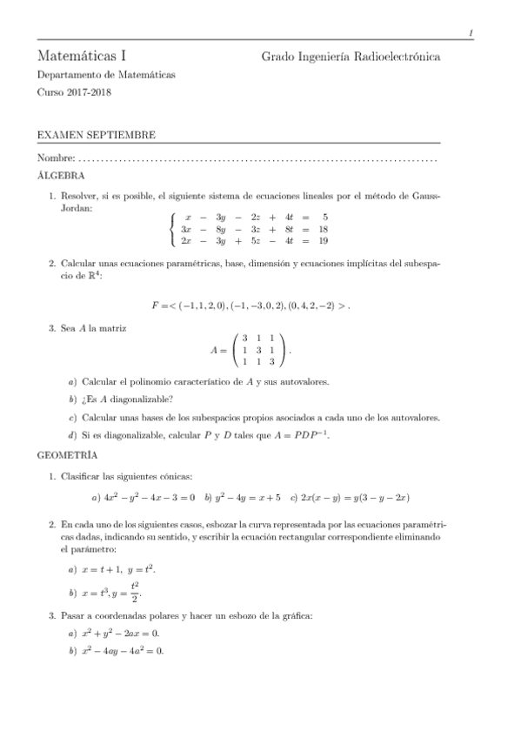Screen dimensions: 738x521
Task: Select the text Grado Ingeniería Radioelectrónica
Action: tap(351, 57)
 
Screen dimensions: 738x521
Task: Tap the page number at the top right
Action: tap(470, 33)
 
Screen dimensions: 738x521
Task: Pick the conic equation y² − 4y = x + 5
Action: tap(246, 497)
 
